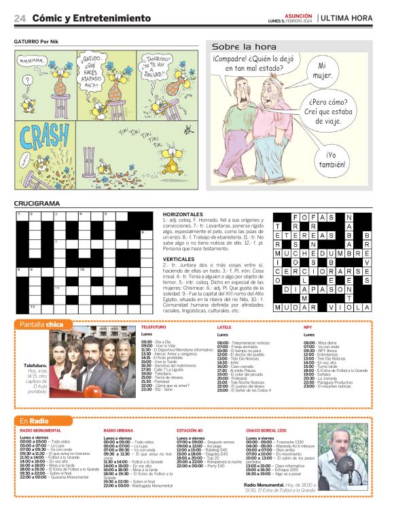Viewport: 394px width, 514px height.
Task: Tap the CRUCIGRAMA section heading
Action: [37, 203]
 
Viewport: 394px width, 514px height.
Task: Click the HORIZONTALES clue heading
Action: [183, 214]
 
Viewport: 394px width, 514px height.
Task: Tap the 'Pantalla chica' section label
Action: [41, 324]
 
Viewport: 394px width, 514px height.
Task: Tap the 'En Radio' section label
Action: [34, 422]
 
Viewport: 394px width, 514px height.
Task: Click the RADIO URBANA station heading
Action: [118, 431]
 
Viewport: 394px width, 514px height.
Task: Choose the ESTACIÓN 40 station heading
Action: [190, 431]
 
